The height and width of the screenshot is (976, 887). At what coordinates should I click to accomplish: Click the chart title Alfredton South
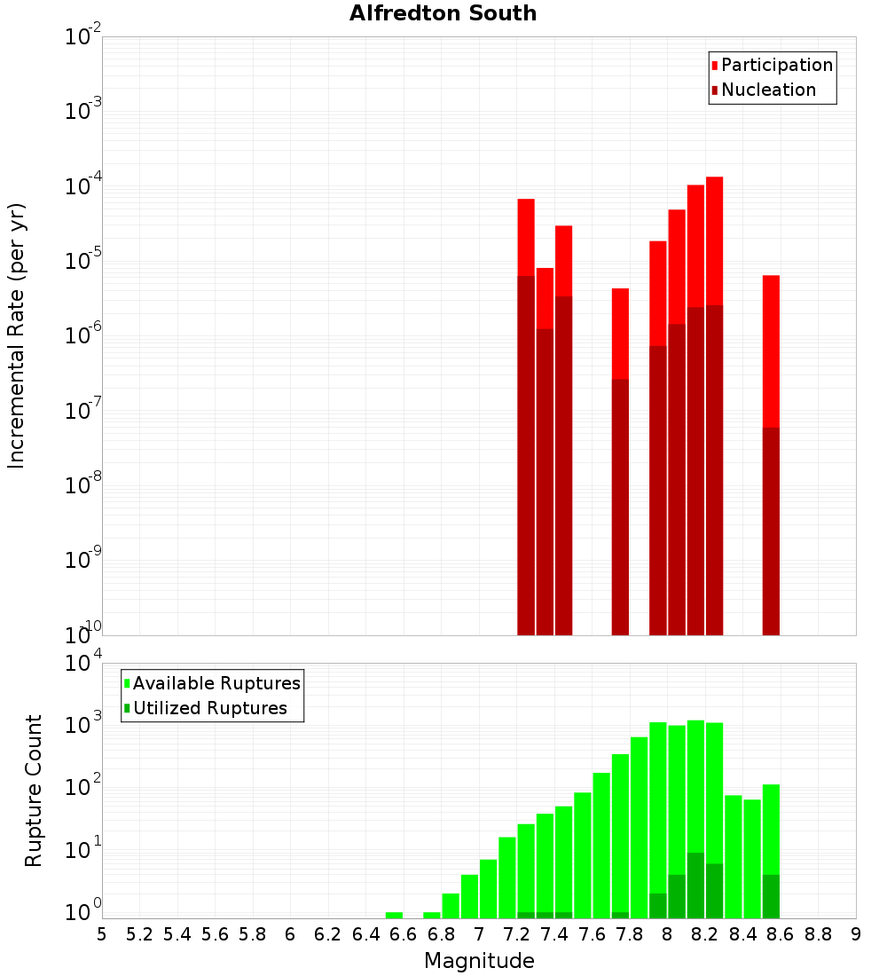[443, 13]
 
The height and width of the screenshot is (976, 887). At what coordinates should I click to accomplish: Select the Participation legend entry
[776, 65]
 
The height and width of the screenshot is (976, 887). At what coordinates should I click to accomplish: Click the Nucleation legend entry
[768, 90]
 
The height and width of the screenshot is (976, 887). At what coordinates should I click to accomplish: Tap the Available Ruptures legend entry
[216, 683]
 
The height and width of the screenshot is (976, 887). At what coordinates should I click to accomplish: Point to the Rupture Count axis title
[34, 790]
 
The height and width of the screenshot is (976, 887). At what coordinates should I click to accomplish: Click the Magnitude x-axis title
[479, 961]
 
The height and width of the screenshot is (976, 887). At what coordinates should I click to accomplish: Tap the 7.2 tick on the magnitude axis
[516, 934]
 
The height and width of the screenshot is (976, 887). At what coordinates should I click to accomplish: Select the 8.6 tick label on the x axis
[781, 934]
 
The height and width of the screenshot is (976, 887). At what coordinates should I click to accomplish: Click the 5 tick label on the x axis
[102, 934]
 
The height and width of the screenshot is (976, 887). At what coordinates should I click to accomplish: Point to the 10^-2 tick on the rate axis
[83, 37]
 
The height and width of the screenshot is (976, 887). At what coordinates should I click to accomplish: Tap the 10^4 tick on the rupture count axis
[83, 664]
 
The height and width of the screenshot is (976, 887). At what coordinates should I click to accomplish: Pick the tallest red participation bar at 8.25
[714, 240]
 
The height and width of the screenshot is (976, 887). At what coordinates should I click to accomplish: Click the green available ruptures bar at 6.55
[394, 915]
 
